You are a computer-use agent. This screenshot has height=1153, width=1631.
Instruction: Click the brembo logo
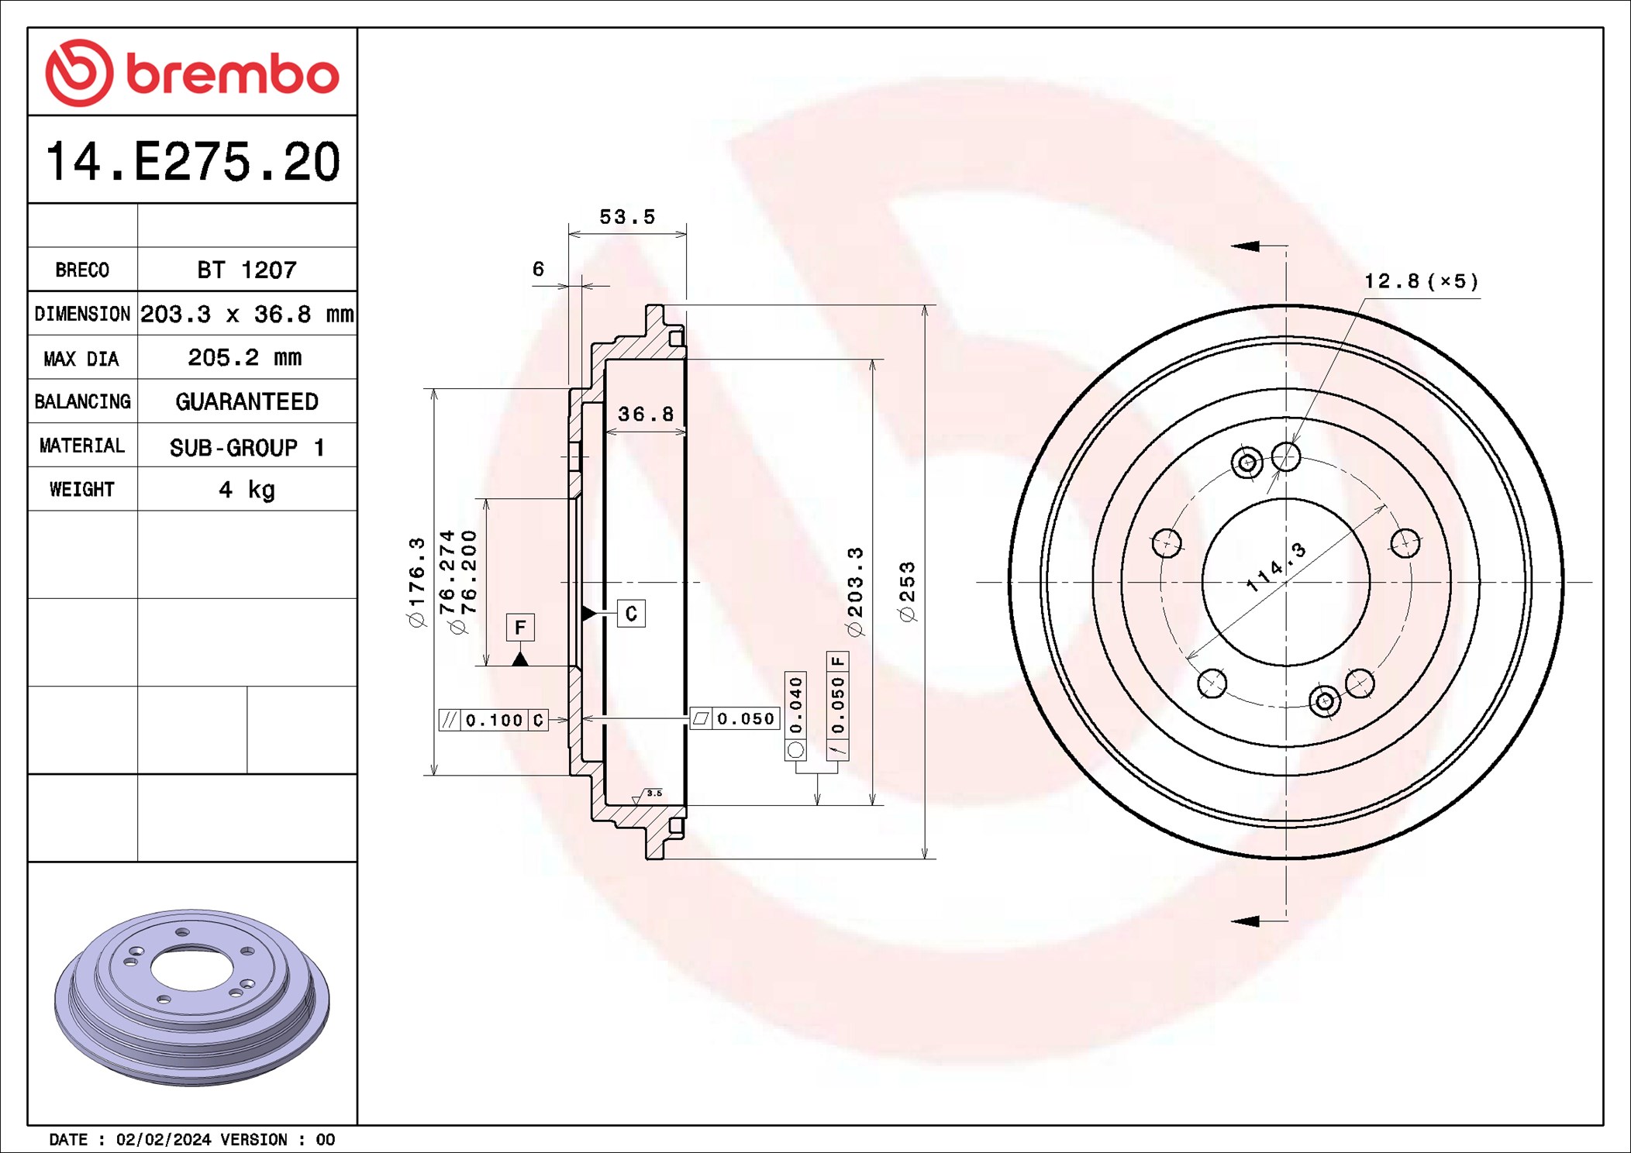click(191, 73)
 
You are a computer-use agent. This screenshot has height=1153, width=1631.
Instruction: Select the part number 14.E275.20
click(192, 162)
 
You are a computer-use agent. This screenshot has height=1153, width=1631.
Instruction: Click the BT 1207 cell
click(247, 270)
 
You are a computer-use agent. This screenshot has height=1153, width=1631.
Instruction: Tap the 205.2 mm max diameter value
click(245, 357)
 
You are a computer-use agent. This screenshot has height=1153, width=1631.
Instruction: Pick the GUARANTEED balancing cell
click(247, 401)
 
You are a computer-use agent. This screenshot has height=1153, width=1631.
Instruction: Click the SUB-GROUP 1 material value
click(247, 447)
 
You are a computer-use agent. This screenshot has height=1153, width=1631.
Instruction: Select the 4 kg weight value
click(247, 490)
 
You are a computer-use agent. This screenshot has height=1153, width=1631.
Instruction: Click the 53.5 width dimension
click(626, 217)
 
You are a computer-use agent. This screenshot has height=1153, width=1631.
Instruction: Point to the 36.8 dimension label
click(645, 415)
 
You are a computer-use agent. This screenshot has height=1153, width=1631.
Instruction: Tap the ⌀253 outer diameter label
click(907, 591)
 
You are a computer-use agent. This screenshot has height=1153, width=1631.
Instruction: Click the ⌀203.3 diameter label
click(854, 591)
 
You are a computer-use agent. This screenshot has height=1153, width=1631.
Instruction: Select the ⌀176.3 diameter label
click(417, 581)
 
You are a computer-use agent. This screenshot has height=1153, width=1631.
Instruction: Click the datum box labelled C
click(631, 614)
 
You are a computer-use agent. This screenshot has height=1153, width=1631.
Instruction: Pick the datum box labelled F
click(520, 627)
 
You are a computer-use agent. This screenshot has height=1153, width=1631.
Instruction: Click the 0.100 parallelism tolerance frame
click(494, 720)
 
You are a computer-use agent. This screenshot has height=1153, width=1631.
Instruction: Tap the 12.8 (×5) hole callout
click(1421, 281)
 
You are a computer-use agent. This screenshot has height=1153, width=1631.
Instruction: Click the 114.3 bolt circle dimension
click(1276, 568)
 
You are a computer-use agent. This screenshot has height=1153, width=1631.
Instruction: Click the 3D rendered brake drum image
click(191, 997)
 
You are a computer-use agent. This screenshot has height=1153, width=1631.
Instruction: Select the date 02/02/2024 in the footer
click(163, 1139)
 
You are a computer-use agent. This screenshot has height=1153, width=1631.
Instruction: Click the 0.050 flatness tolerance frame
click(734, 719)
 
